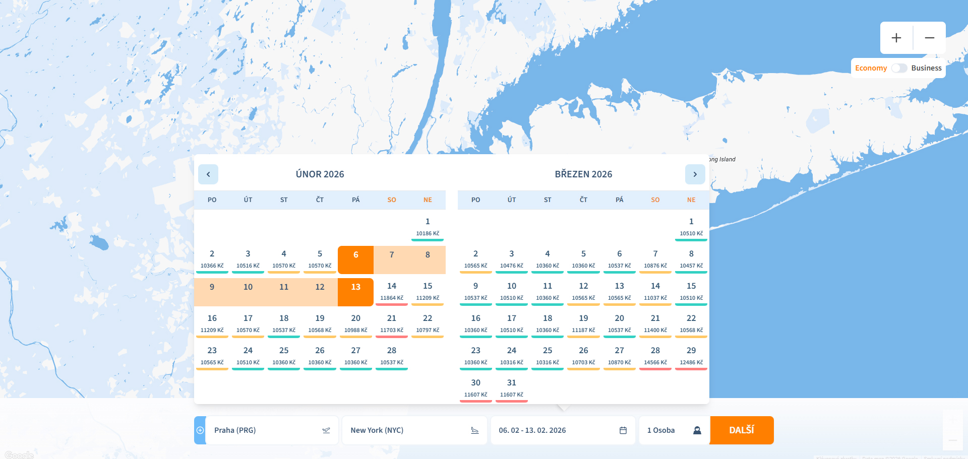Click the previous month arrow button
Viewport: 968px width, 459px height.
click(208, 174)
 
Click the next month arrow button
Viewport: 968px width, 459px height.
click(695, 174)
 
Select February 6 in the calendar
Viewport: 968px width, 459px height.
click(355, 259)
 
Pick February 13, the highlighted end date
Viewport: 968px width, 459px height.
click(355, 292)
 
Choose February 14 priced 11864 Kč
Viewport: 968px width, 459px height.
click(392, 292)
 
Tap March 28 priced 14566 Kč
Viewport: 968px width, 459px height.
click(655, 356)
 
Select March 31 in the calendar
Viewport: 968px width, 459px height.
click(511, 388)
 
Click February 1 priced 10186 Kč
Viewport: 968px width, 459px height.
click(428, 227)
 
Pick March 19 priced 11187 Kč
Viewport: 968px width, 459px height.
click(583, 323)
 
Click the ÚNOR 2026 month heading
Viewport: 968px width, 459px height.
click(320, 174)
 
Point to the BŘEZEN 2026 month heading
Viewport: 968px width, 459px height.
click(583, 174)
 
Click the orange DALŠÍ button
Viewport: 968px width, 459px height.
click(741, 430)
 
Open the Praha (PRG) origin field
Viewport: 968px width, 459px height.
click(267, 430)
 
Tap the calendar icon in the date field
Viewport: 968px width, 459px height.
click(623, 430)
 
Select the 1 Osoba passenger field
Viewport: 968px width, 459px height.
click(674, 430)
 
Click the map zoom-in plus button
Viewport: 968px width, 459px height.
click(896, 38)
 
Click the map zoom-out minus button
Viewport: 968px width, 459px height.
click(930, 38)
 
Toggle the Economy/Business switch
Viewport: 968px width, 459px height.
click(899, 68)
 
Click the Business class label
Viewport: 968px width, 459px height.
click(926, 68)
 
